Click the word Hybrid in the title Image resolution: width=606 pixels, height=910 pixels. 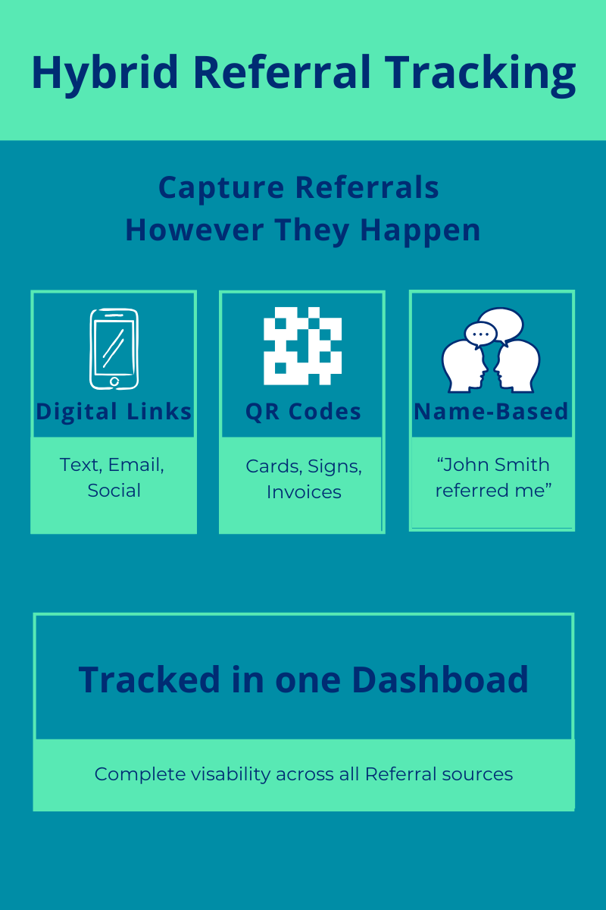tap(105, 73)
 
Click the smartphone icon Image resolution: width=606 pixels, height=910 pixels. tap(114, 348)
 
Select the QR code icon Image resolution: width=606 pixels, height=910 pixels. tap(302, 346)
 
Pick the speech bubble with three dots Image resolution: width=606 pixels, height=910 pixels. tap(479, 334)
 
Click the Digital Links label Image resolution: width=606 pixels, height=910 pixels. tap(114, 412)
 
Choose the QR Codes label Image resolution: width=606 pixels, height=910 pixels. tap(303, 412)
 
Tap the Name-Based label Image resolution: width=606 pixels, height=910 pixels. tap(491, 412)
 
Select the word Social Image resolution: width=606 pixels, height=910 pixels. tap(114, 490)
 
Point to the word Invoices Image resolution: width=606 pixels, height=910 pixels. tap(303, 491)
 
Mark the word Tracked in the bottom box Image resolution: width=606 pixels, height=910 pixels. tap(139, 679)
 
